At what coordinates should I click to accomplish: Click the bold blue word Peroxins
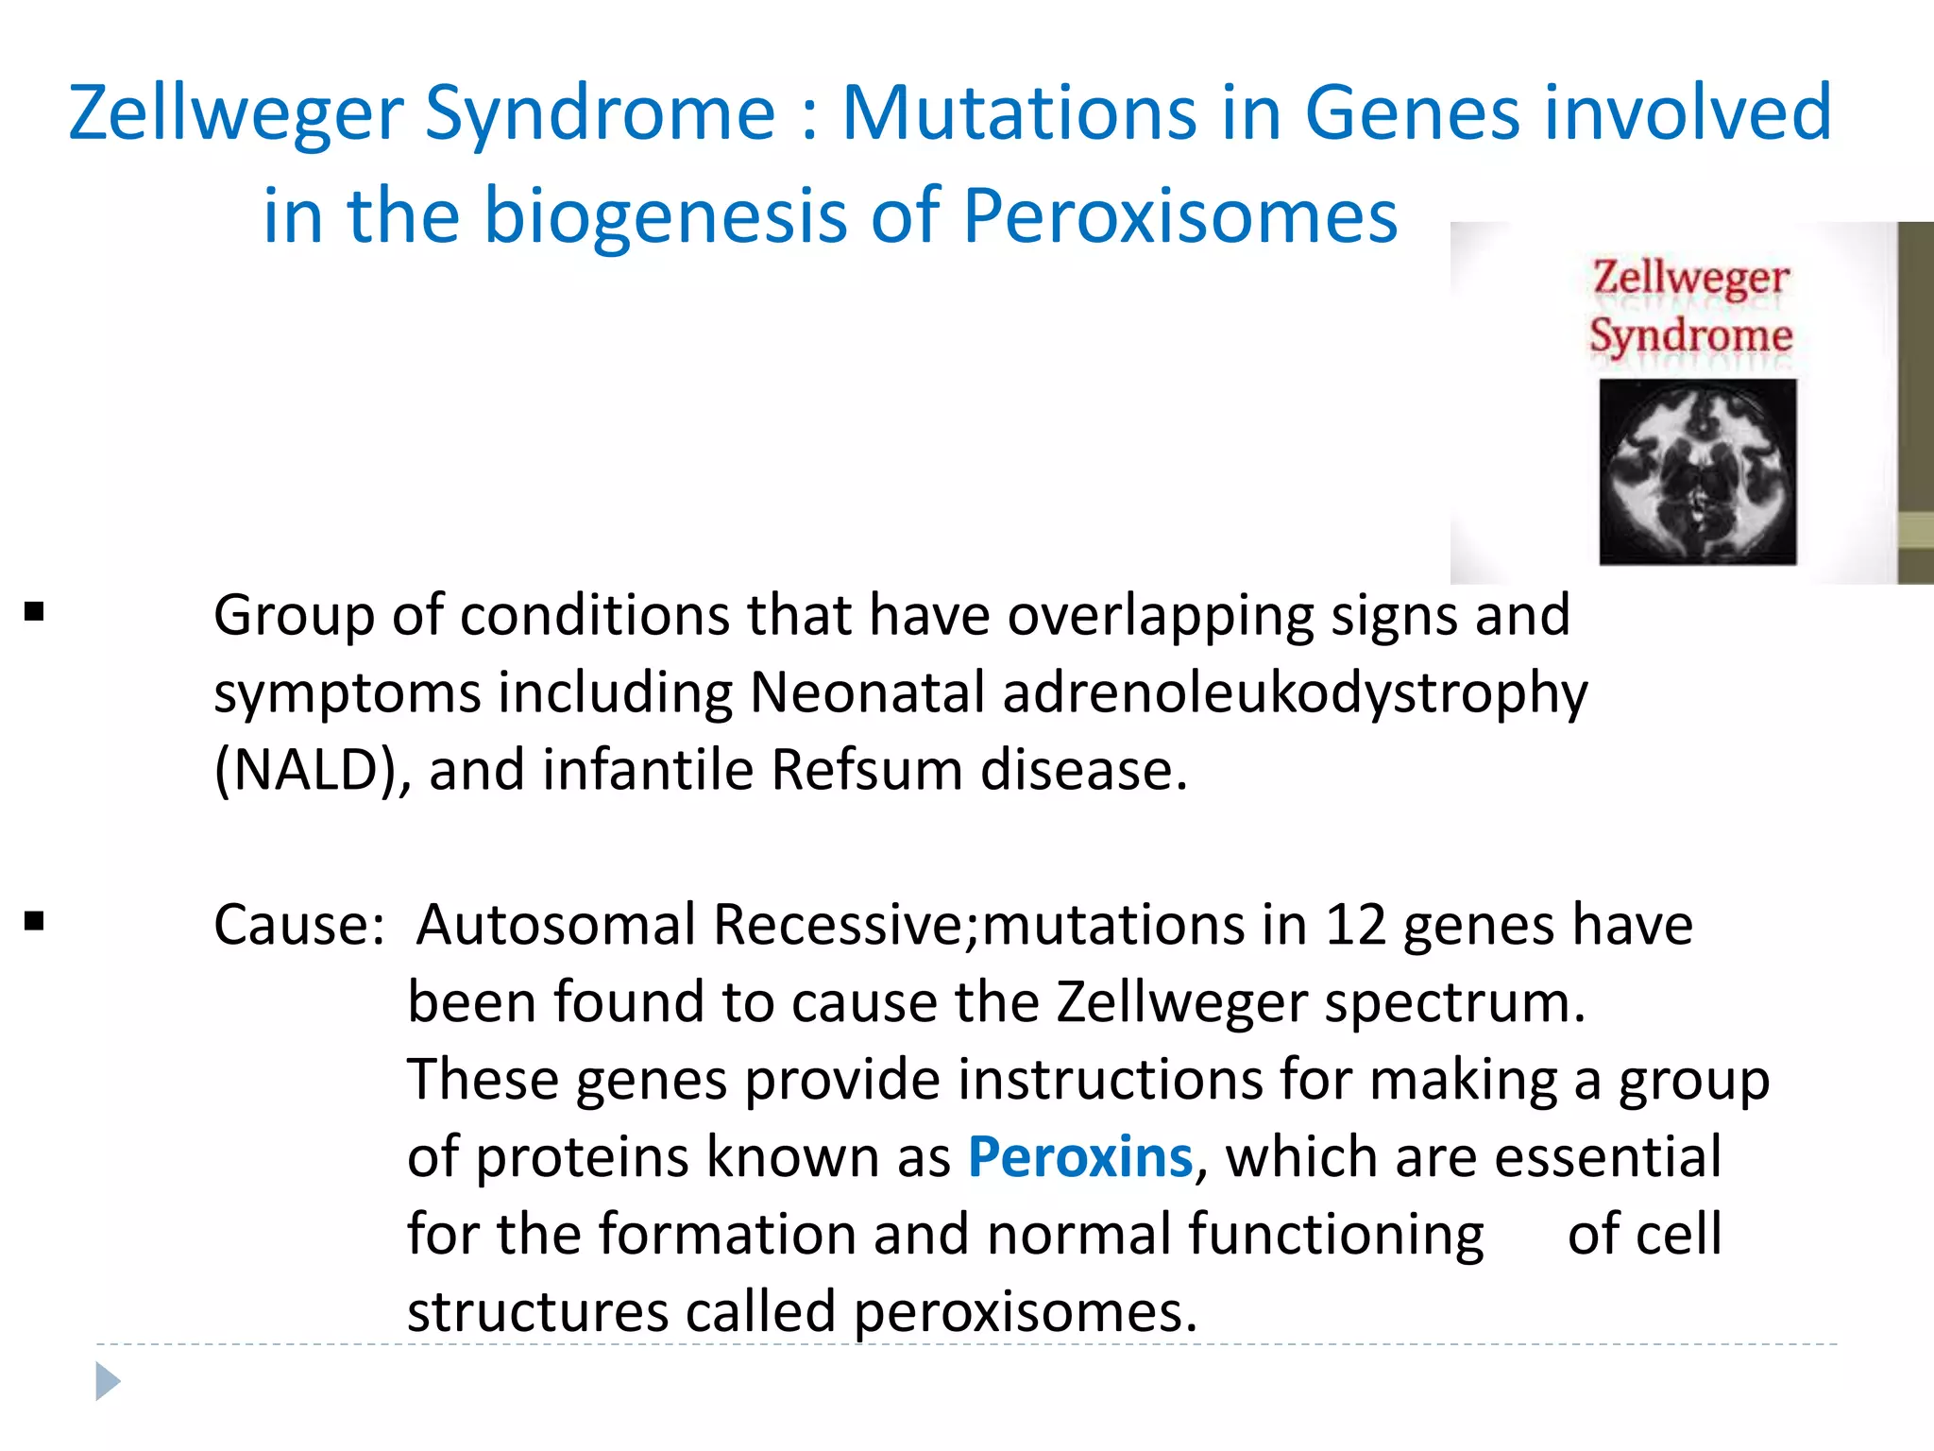coord(1080,1156)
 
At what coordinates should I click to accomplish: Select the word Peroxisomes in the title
coord(1179,215)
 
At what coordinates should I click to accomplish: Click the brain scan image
coord(1697,471)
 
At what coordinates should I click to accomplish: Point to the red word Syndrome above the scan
coord(1690,335)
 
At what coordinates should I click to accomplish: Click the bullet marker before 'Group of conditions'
coord(35,613)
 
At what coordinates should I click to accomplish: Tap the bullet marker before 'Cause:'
coord(35,921)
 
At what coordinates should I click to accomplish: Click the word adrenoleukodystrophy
coord(1295,693)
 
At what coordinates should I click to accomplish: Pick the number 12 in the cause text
coord(1355,924)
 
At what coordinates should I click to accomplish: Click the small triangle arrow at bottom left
coord(108,1381)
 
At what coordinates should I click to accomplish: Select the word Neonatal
coord(867,692)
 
